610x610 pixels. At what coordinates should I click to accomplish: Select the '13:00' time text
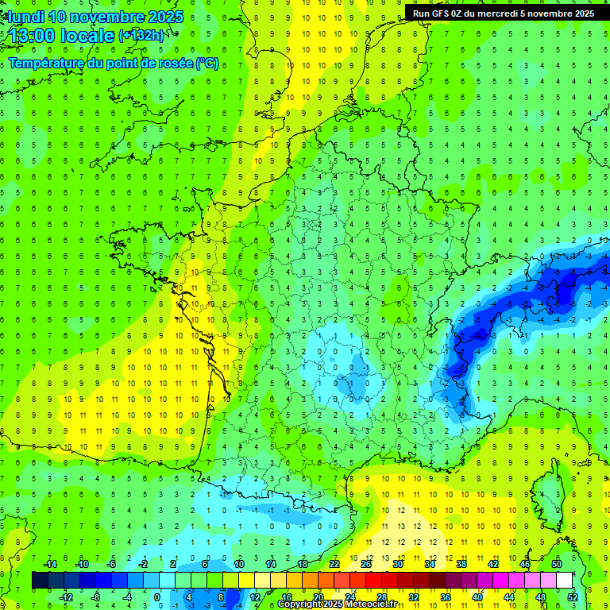[x=33, y=35]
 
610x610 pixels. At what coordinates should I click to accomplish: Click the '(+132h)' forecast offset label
[x=141, y=35]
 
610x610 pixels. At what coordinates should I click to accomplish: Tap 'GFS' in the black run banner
[x=446, y=14]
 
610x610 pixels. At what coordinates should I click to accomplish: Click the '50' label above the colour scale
[x=557, y=564]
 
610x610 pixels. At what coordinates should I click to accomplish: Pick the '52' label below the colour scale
[x=573, y=596]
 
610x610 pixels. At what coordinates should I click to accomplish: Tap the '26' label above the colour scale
[x=366, y=564]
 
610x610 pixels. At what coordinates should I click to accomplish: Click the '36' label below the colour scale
[x=446, y=596]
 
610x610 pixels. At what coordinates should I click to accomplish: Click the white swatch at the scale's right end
[x=565, y=580]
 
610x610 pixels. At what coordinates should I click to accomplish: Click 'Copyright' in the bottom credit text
[x=300, y=604]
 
